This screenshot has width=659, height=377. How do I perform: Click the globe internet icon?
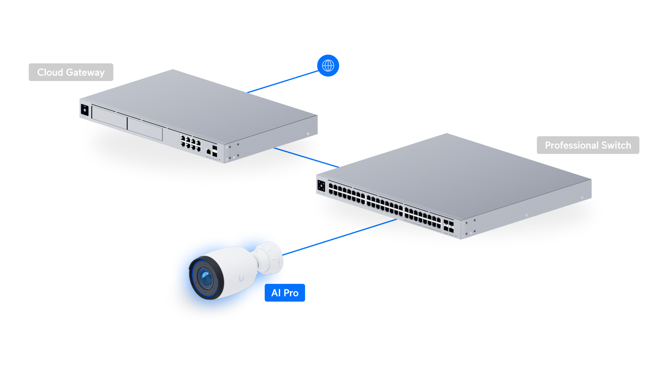pyautogui.click(x=328, y=66)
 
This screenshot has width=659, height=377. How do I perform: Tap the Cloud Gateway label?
pyautogui.click(x=71, y=72)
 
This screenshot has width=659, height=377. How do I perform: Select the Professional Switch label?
pyautogui.click(x=588, y=145)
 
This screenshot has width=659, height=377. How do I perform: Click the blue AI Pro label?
pyautogui.click(x=285, y=293)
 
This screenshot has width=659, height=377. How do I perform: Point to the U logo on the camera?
pyautogui.click(x=241, y=278)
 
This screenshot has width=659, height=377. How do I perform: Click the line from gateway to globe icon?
pyautogui.click(x=283, y=82)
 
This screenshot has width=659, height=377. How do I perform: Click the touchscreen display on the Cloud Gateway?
pyautogui.click(x=85, y=111)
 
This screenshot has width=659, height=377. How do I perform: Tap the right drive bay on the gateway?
pyautogui.click(x=145, y=129)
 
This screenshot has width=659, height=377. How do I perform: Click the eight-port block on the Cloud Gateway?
pyautogui.click(x=190, y=143)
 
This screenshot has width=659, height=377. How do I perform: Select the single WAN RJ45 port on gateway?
pyautogui.click(x=208, y=152)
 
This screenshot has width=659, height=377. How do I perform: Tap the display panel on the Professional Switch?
pyautogui.click(x=321, y=186)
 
